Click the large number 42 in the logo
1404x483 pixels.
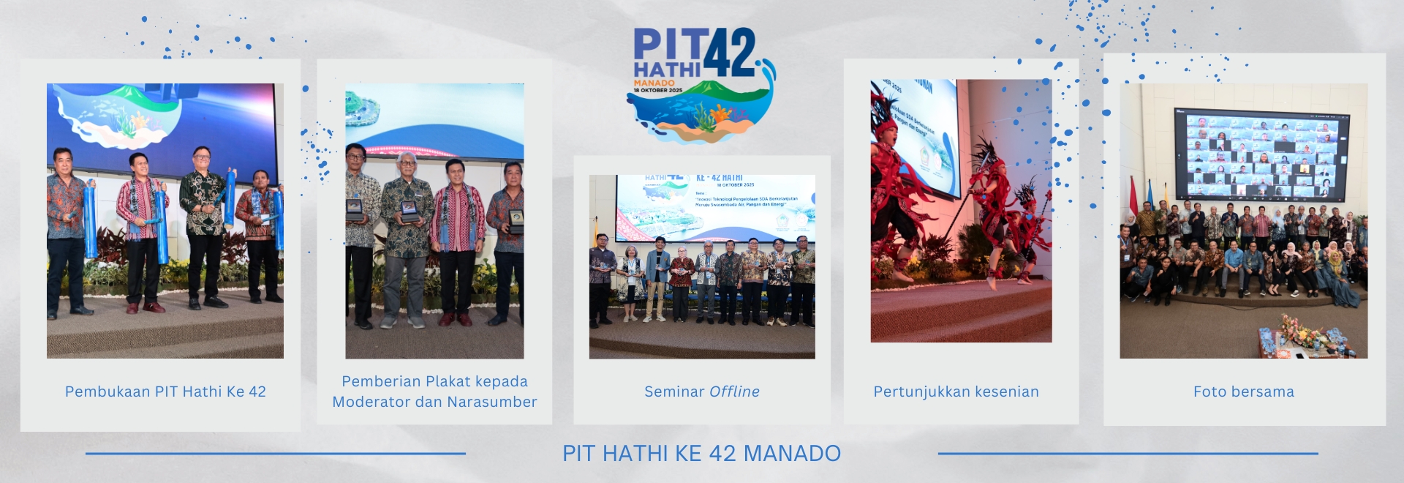click(x=732, y=53)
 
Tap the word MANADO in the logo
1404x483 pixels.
click(x=654, y=83)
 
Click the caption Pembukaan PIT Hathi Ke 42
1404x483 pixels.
click(x=165, y=392)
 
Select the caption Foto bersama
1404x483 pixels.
click(x=1243, y=392)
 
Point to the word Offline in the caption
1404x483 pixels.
click(x=734, y=392)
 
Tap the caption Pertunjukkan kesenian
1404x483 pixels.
click(x=956, y=392)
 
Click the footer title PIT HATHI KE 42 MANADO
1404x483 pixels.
click(x=701, y=453)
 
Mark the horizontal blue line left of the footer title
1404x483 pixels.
click(x=275, y=454)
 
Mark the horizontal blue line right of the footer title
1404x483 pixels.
click(x=1128, y=454)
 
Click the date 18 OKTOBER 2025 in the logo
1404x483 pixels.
click(x=657, y=90)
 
